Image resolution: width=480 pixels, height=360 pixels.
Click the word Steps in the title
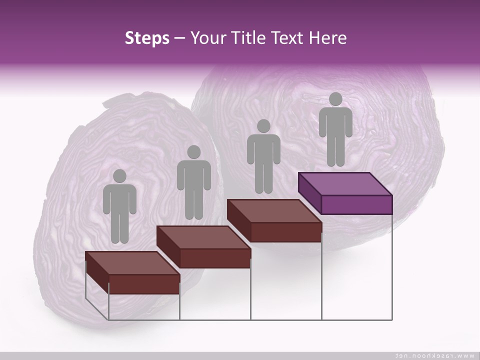tap(147, 38)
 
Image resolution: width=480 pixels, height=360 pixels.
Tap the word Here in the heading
tap(327, 38)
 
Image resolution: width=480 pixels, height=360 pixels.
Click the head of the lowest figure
tap(119, 176)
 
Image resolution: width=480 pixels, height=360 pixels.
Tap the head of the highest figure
tap(335, 99)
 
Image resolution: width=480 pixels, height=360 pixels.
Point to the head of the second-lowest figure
tap(193, 152)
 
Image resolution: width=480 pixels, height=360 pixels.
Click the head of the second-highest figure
tap(263, 126)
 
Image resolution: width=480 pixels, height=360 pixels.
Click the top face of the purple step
tap(345, 183)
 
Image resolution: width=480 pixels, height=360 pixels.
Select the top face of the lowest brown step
tap(132, 263)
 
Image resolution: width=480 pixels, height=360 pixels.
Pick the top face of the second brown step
tap(203, 237)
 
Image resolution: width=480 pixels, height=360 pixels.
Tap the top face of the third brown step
tap(274, 210)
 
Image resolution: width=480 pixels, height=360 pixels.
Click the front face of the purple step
tap(356, 204)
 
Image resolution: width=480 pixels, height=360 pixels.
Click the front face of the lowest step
tap(144, 284)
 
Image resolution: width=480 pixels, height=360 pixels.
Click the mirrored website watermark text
tap(435, 355)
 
